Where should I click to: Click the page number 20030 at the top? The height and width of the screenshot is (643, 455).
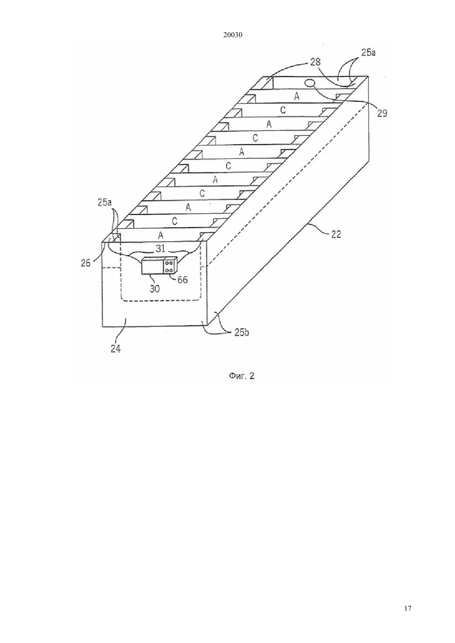tap(232, 35)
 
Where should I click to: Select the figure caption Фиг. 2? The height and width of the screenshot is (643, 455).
tap(241, 376)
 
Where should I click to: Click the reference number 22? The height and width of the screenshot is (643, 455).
tap(335, 235)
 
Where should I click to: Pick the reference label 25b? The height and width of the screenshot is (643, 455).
tap(241, 333)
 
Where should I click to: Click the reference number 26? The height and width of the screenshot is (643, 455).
tap(86, 263)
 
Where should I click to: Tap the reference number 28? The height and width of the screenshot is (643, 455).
tap(315, 62)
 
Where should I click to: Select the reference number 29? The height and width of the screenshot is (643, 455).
tap(382, 113)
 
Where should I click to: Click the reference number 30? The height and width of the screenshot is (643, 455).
tap(155, 288)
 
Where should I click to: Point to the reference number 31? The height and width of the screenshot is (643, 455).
tap(160, 248)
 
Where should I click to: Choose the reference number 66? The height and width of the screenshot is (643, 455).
tap(182, 280)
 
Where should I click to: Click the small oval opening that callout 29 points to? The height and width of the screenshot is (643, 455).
tap(310, 83)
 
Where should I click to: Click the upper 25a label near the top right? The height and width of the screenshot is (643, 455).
tap(368, 53)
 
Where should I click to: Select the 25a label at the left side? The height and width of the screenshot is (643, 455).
tap(104, 202)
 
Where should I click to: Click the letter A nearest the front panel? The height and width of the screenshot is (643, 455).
tap(160, 236)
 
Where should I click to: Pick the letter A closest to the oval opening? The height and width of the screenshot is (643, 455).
tap(297, 97)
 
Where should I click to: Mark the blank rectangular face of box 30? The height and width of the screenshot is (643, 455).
tap(152, 266)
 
